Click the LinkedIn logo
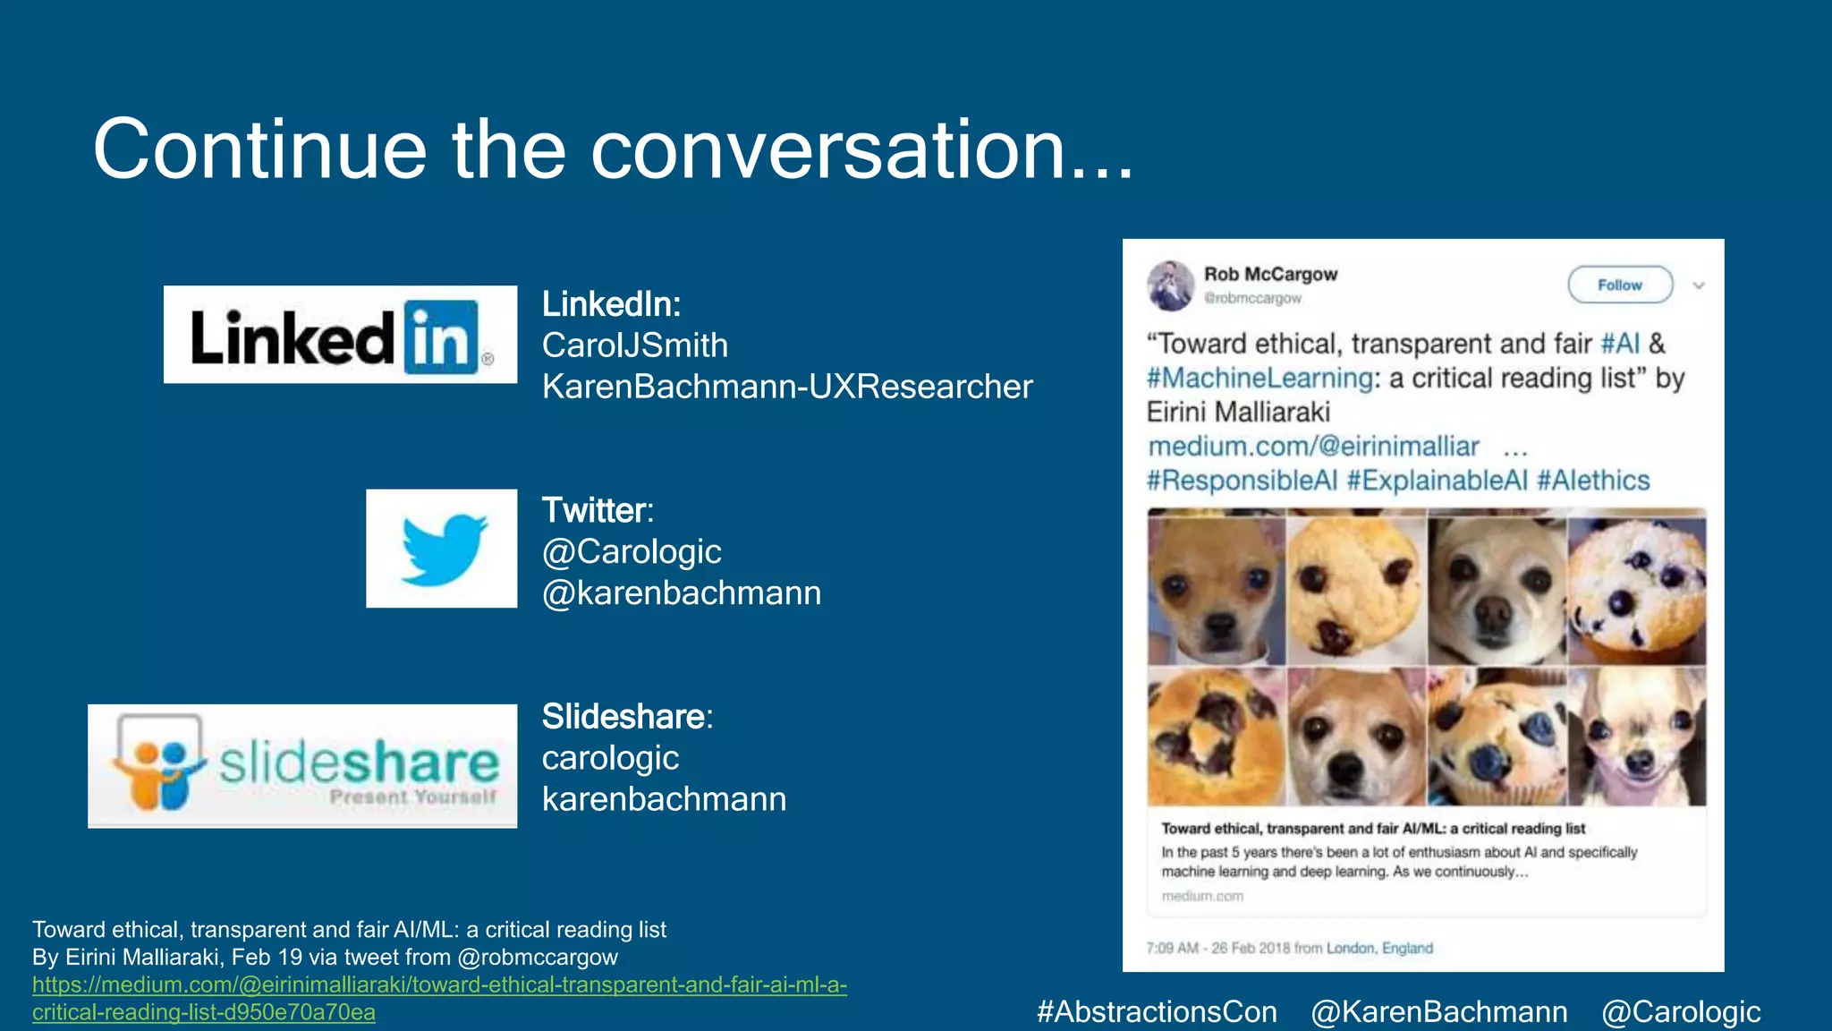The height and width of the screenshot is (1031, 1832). click(340, 335)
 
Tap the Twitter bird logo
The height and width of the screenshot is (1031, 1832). click(442, 549)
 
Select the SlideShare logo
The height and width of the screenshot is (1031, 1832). click(302, 766)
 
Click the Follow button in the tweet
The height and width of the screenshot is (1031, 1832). click(1620, 285)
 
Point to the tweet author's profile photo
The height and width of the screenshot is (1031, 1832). click(1170, 285)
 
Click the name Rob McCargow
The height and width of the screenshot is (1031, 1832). click(1270, 274)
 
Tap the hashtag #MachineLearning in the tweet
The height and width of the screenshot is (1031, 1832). click(1259, 379)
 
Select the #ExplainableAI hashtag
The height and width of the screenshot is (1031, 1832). click(1437, 481)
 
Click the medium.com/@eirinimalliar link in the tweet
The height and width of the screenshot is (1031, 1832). click(1313, 446)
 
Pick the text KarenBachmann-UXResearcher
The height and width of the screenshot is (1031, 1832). click(787, 387)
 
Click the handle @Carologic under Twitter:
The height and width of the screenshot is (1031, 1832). click(632, 551)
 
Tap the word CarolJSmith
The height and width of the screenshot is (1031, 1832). click(635, 345)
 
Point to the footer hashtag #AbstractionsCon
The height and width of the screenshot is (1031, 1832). click(1157, 1011)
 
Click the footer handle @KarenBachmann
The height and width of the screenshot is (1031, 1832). click(1439, 1011)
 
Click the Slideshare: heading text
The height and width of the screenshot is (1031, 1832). click(627, 717)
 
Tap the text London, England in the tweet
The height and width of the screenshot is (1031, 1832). click(1379, 948)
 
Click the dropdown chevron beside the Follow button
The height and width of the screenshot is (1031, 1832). click(1699, 285)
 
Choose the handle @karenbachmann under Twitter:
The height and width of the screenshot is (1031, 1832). click(682, 592)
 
